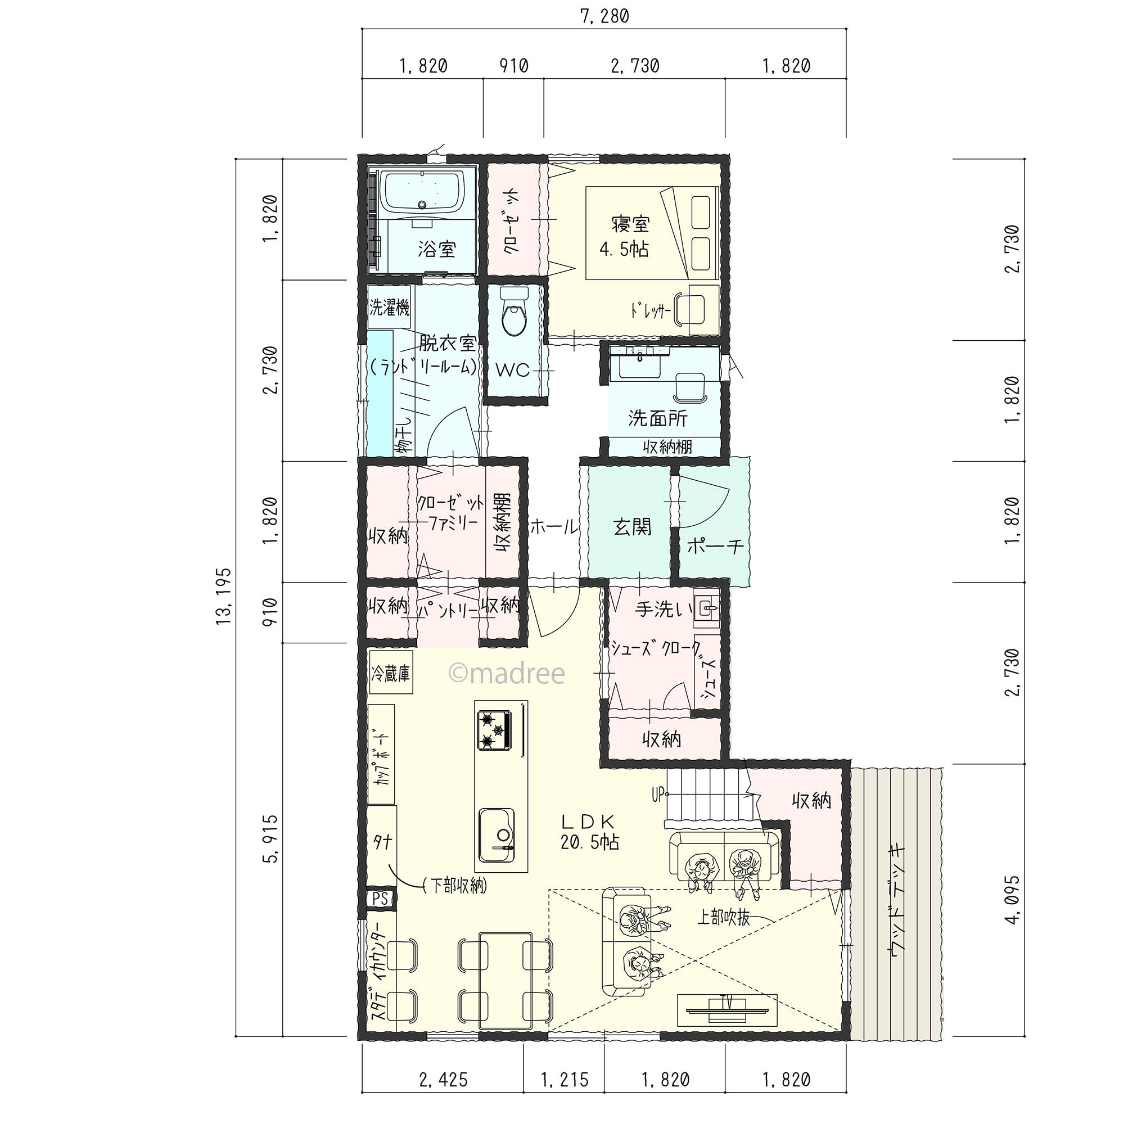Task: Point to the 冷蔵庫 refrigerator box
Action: pyautogui.click(x=391, y=673)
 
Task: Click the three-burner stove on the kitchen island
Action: pyautogui.click(x=493, y=730)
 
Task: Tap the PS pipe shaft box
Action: pyautogui.click(x=380, y=898)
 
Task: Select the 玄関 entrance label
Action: pyautogui.click(x=632, y=527)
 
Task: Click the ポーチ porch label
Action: pyautogui.click(x=715, y=545)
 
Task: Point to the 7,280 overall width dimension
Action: pyautogui.click(x=604, y=16)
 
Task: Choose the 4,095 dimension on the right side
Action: pyautogui.click(x=1013, y=900)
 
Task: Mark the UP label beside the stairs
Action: pyautogui.click(x=658, y=794)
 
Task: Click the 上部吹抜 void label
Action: pyautogui.click(x=723, y=918)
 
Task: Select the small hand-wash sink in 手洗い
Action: pyautogui.click(x=706, y=608)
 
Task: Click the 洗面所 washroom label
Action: pyautogui.click(x=658, y=418)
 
